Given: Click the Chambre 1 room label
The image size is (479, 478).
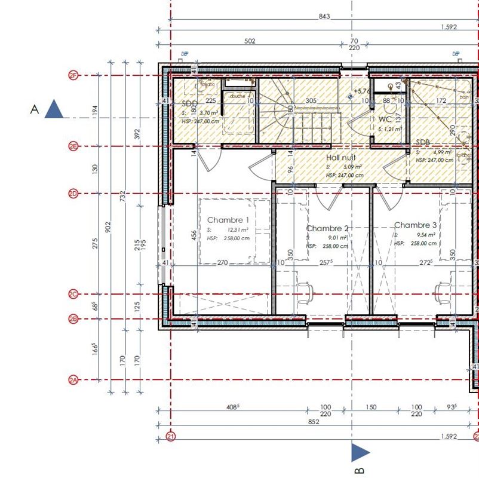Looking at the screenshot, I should (x=228, y=220).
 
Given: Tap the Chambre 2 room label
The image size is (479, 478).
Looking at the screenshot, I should (x=327, y=228).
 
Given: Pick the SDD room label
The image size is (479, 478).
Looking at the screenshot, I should (x=190, y=103).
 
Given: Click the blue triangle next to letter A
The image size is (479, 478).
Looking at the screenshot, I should (x=55, y=109).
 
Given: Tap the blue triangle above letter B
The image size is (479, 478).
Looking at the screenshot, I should (x=360, y=452).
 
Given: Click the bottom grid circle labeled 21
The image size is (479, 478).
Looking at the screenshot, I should (x=171, y=437).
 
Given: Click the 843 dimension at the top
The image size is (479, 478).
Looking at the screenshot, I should (x=324, y=17).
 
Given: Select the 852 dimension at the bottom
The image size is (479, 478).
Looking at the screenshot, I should (x=314, y=422).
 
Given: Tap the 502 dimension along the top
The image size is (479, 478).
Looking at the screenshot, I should (x=250, y=41).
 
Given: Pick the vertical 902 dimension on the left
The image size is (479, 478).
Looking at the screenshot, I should (x=108, y=227).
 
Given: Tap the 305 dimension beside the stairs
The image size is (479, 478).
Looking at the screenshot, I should (x=311, y=101).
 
